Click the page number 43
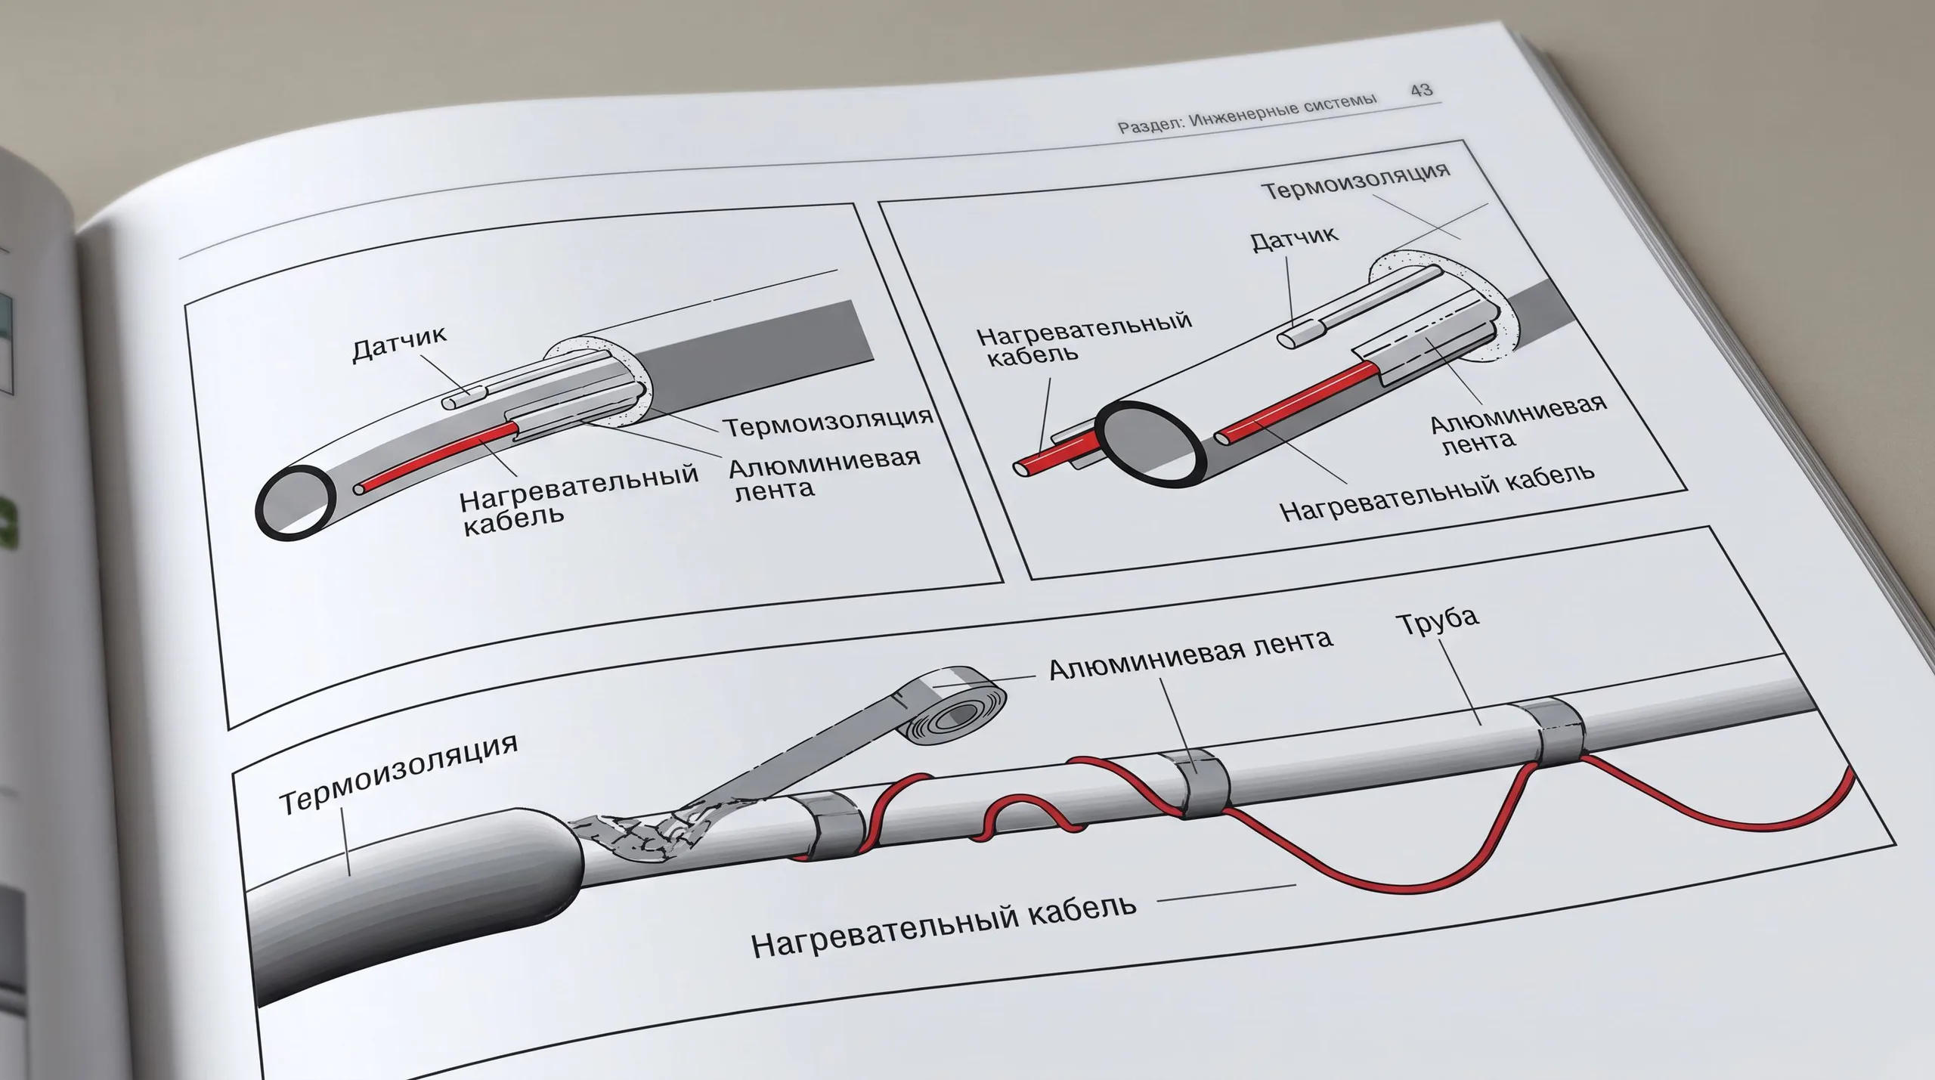click(1421, 90)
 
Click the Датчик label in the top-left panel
click(400, 344)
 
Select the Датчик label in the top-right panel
click(1294, 238)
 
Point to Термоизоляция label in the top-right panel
click(1356, 180)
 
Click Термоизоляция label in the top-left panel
click(829, 421)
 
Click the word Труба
click(1437, 621)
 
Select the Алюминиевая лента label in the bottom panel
click(1190, 654)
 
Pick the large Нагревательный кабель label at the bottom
click(944, 923)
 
